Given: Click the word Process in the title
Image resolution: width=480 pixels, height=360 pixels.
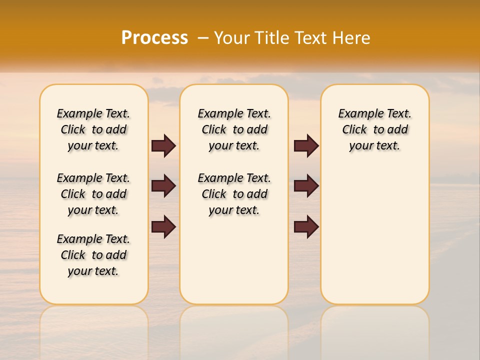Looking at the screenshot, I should tap(154, 38).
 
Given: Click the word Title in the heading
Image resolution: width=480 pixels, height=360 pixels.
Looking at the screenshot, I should tap(272, 38).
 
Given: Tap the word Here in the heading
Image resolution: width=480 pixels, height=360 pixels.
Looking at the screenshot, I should tap(351, 38).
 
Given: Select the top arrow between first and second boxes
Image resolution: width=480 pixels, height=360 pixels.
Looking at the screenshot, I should tap(163, 146).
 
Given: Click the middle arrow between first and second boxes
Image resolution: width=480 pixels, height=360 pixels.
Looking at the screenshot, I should tap(163, 186).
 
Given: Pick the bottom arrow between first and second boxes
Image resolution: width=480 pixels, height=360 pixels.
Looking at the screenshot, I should tap(163, 227).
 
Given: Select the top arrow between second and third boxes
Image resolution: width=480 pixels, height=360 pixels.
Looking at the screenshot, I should tap(306, 146).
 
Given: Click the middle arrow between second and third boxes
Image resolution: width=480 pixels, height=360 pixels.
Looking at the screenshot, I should tap(306, 186).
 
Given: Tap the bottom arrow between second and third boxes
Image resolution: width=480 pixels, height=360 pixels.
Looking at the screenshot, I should tap(306, 227).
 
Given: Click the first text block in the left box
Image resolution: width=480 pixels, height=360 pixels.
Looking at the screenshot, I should tap(93, 129).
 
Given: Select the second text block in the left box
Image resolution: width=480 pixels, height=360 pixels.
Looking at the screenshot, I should tap(93, 194).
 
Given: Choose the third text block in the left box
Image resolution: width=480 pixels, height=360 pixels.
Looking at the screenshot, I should tap(93, 255).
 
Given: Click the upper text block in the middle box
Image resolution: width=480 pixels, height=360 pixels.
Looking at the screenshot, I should tap(234, 129).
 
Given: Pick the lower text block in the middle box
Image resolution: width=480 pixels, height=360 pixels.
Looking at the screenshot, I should tap(234, 194).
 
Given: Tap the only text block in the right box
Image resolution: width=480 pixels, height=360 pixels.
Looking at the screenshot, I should tap(374, 129).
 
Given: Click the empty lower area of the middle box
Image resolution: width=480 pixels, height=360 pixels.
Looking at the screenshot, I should tap(234, 260).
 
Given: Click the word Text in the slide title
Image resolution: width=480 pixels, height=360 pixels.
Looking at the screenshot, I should tap(312, 38).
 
